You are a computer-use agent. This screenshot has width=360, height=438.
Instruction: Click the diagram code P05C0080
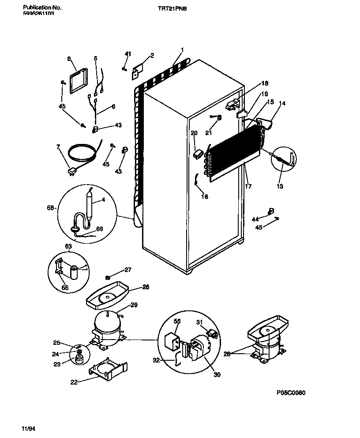click(291, 393)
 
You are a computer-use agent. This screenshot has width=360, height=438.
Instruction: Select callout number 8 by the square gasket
click(69, 58)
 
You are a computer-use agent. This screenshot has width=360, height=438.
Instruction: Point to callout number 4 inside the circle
click(103, 199)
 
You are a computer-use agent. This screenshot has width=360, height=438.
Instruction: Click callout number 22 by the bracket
click(74, 382)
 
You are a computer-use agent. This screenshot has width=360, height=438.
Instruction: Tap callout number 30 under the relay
click(216, 375)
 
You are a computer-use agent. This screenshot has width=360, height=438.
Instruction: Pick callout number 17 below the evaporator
click(248, 186)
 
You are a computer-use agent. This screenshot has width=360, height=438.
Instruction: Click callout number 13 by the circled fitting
click(279, 186)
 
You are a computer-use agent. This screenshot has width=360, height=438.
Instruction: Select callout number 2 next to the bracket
click(152, 56)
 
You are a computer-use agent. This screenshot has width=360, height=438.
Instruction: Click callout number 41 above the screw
click(128, 54)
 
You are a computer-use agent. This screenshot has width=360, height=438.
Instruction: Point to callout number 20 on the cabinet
click(194, 133)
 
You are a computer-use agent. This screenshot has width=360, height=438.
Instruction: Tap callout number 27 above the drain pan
click(127, 270)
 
